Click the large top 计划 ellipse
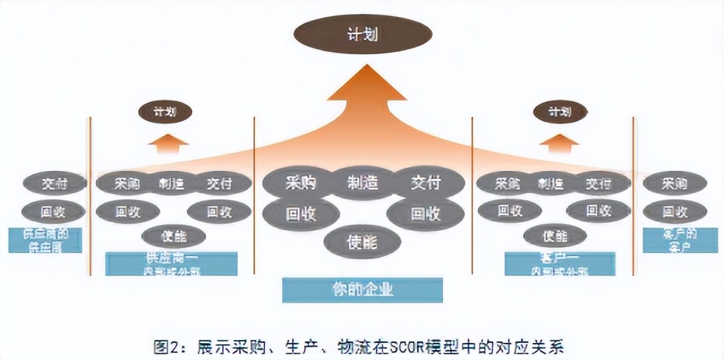pyautogui.click(x=362, y=34)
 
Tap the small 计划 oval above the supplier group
pyautogui.click(x=165, y=112)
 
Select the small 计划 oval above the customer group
pyautogui.click(x=560, y=112)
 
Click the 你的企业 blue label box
pyautogui.click(x=363, y=290)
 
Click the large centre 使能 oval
pyautogui.click(x=363, y=242)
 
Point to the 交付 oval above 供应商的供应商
pyautogui.click(x=54, y=183)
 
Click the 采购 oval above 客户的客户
pyautogui.click(x=675, y=183)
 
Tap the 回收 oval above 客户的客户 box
pyautogui.click(x=675, y=212)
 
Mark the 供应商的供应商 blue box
pyautogui.click(x=45, y=240)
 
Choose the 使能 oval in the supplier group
pyautogui.click(x=173, y=236)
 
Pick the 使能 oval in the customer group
pyautogui.click(x=555, y=236)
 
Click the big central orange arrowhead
pyautogui.click(x=366, y=85)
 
